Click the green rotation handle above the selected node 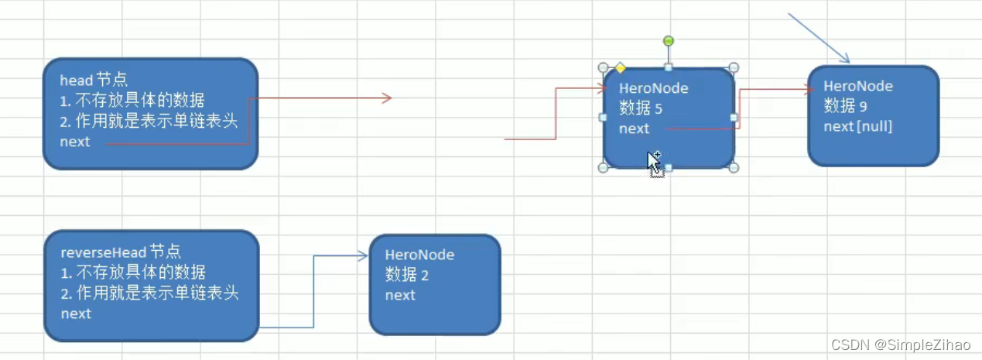tap(669, 41)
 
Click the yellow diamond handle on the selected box tap(620, 68)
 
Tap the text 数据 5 tap(641, 108)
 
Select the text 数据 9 tap(845, 106)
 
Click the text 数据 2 tap(407, 275)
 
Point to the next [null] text tap(858, 126)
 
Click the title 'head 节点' tap(94, 80)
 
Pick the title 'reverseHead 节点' tap(121, 252)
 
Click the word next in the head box tap(75, 142)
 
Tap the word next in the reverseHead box tap(76, 314)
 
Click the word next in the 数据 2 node tap(400, 295)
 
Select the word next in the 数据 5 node tap(634, 129)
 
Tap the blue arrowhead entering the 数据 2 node tap(363, 255)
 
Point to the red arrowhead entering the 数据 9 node tap(809, 89)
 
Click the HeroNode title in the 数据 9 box tap(857, 86)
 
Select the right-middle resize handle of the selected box tap(734, 118)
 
